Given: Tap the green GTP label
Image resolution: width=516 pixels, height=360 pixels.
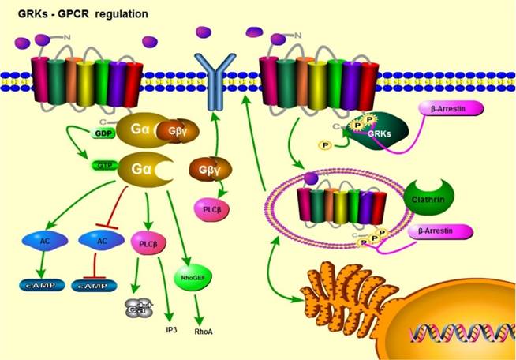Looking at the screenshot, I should click(x=103, y=164).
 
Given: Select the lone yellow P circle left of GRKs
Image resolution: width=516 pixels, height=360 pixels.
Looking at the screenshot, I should click(x=324, y=146).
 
